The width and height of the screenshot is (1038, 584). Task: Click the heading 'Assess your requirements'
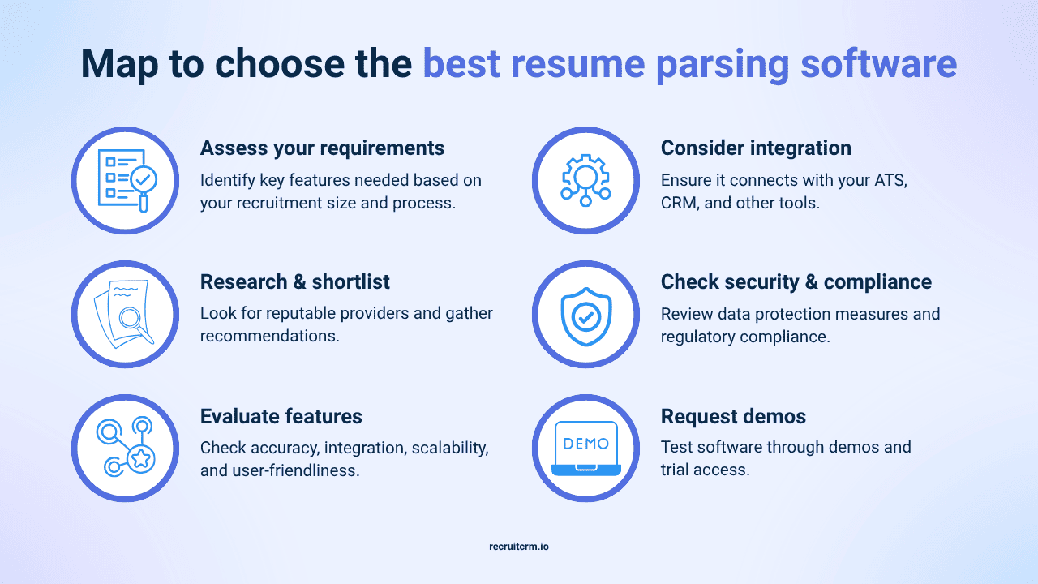click(322, 148)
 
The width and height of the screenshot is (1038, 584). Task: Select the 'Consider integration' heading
click(756, 148)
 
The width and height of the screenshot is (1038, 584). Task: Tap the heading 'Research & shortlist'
click(294, 282)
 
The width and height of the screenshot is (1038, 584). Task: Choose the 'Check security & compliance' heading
click(796, 282)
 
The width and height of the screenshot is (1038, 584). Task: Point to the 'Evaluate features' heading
click(281, 417)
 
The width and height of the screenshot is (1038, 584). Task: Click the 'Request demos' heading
click(733, 417)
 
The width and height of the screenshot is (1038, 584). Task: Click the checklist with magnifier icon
click(125, 180)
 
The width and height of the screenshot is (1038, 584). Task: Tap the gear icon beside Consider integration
click(585, 180)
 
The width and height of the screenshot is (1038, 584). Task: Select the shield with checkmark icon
click(585, 315)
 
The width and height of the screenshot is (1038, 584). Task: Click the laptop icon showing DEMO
click(585, 449)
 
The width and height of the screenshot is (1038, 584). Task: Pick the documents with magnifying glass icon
click(125, 315)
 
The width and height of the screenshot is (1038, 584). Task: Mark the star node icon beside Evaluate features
click(125, 449)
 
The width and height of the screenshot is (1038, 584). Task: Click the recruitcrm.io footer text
click(519, 547)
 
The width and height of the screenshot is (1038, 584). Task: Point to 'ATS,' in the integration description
click(886, 180)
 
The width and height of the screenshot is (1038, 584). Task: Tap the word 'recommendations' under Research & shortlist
click(269, 335)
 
